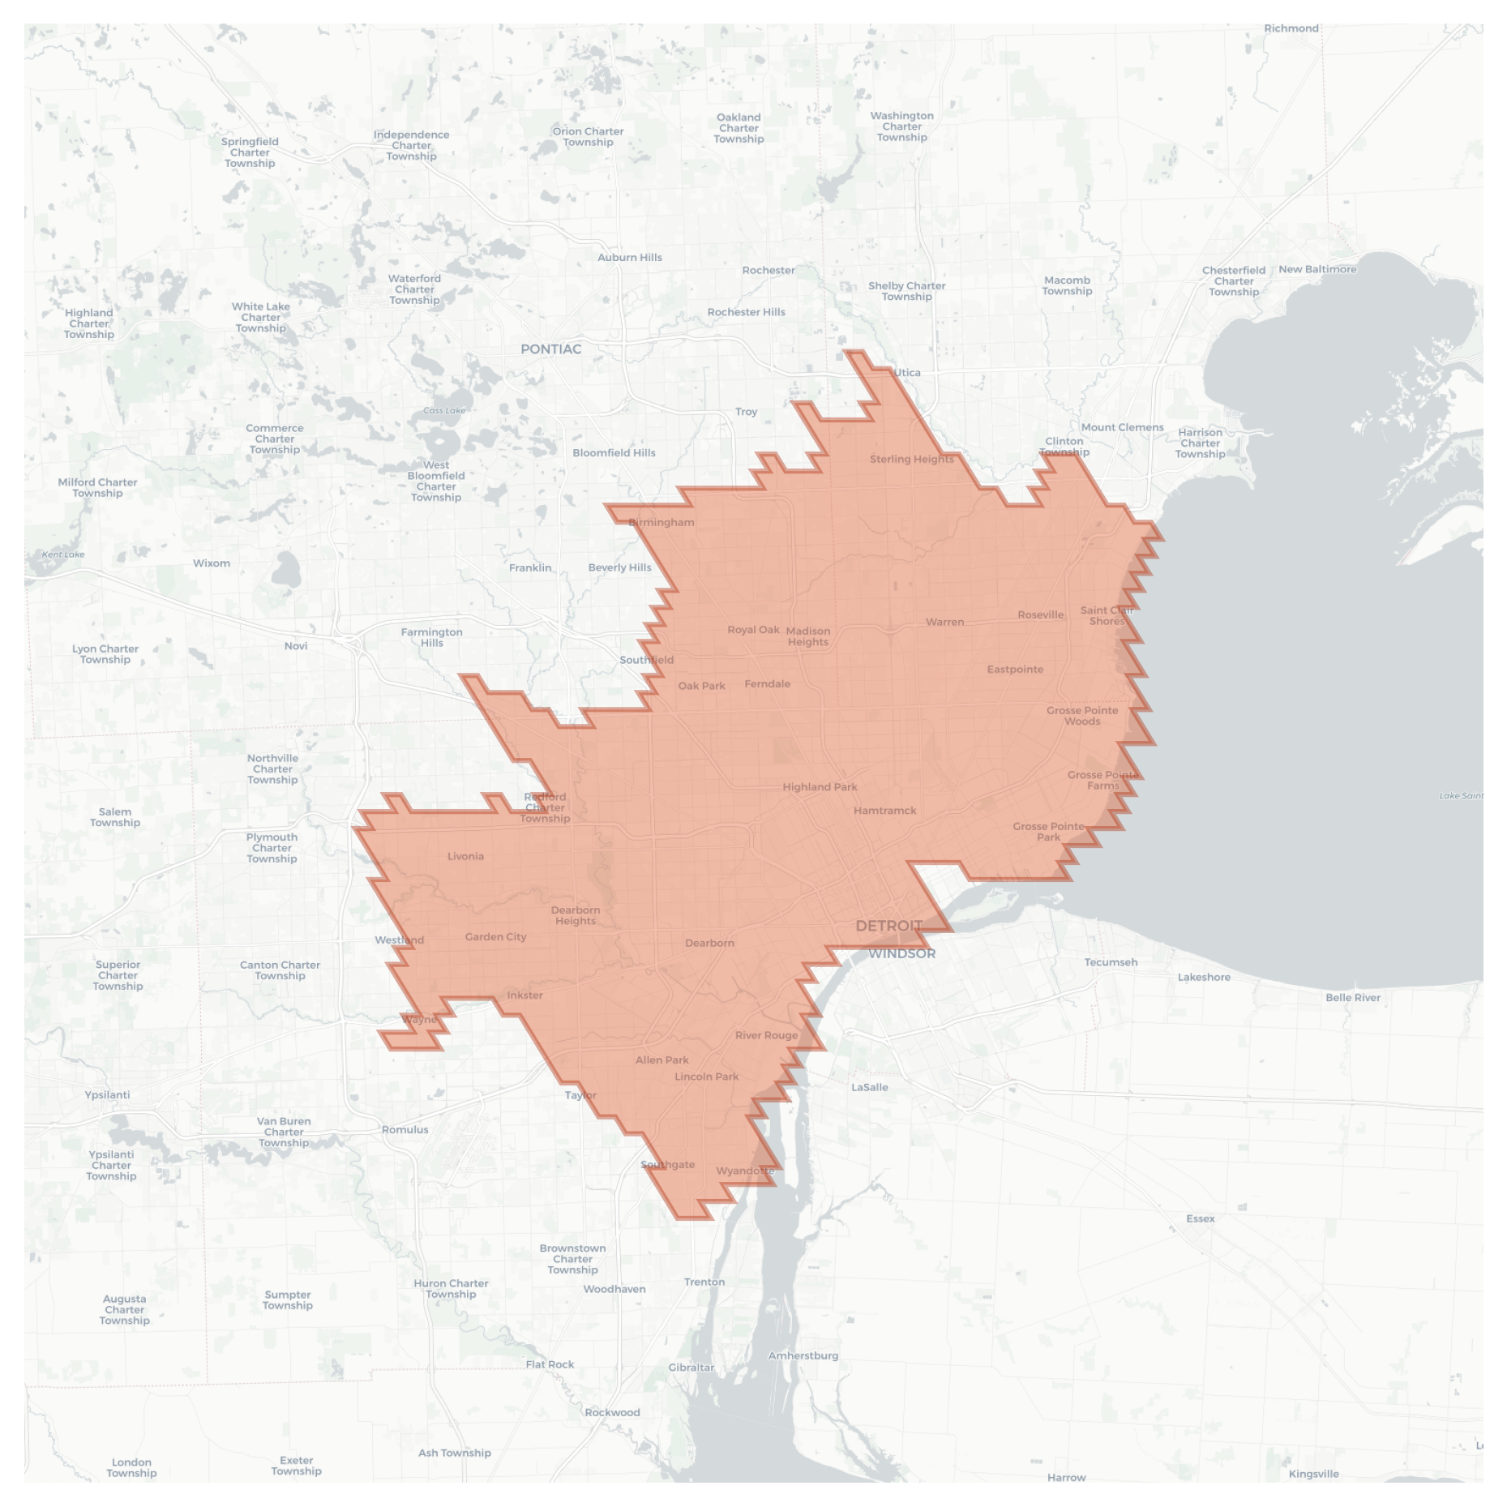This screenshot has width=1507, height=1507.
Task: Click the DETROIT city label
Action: pos(888,926)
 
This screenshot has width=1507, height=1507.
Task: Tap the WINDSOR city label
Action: pos(901,953)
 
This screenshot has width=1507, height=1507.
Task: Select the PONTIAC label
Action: pos(550,349)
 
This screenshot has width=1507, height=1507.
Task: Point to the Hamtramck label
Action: pos(884,811)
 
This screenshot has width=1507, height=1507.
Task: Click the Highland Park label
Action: pos(820,787)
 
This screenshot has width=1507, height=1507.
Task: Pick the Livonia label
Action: pos(465,856)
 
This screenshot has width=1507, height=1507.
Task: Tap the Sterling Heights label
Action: pos(911,460)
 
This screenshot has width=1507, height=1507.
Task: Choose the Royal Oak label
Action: pos(753,630)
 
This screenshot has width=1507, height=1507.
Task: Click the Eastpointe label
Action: pos(1015,670)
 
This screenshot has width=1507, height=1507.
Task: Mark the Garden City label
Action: pos(495,937)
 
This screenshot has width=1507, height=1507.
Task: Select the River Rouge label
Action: pos(766,1035)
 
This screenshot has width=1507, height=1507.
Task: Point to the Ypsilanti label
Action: pos(107,1095)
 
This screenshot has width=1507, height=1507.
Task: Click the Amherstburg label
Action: pos(803,1355)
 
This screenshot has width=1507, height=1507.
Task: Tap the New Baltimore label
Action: pos(1316,269)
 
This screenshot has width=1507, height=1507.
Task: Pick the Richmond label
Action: pos(1291,28)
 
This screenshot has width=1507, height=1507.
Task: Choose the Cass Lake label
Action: pos(444,411)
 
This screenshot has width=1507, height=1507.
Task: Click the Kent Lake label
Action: pos(63,554)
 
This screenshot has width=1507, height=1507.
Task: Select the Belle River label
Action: pos(1352,998)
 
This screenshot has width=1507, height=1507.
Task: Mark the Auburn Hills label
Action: pos(629,258)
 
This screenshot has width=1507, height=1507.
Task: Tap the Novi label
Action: pos(296,646)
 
